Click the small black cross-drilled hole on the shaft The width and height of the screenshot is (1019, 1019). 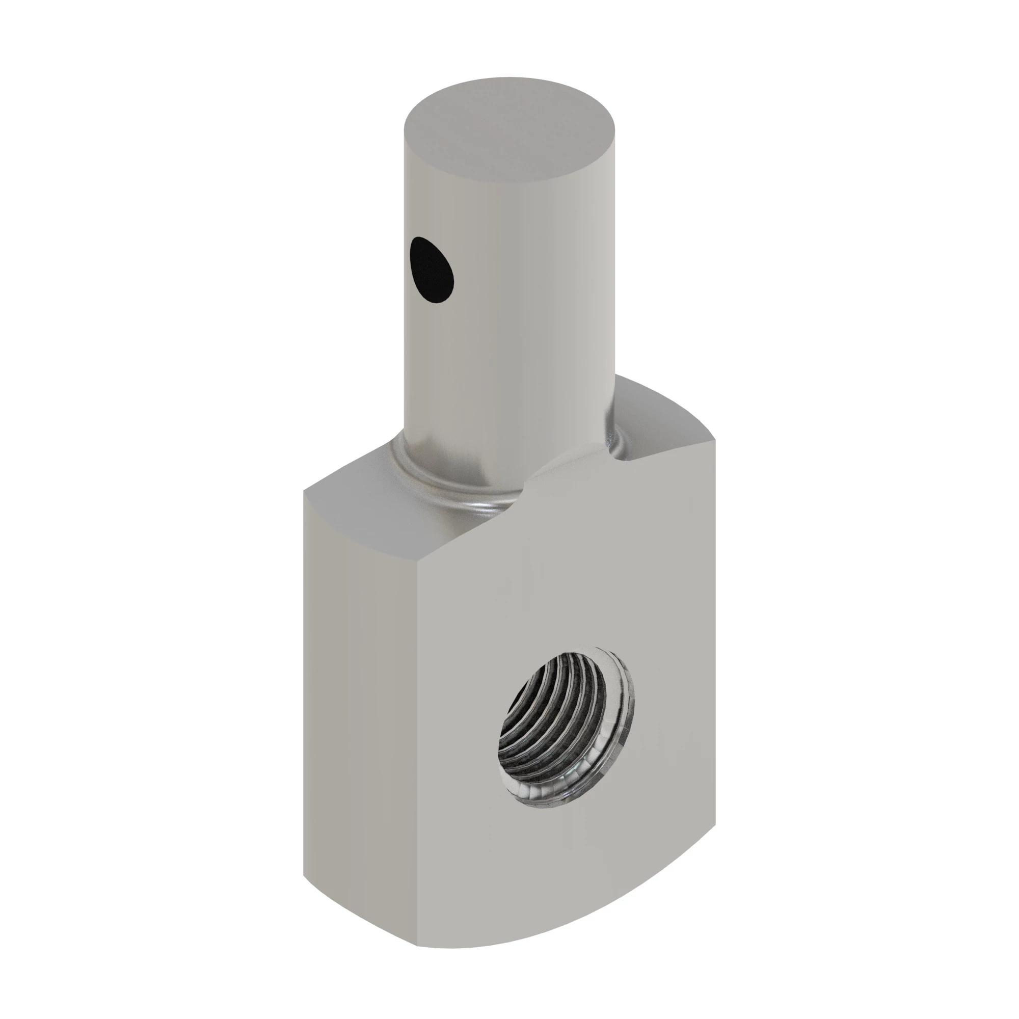coord(432,270)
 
